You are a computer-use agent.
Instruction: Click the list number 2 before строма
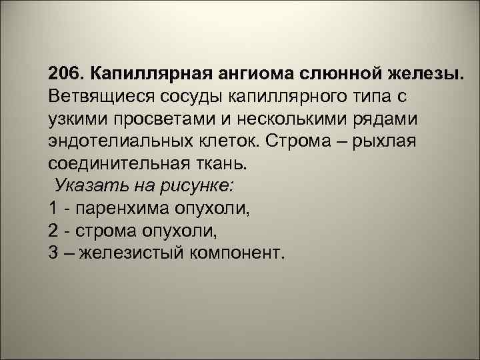coord(53,231)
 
